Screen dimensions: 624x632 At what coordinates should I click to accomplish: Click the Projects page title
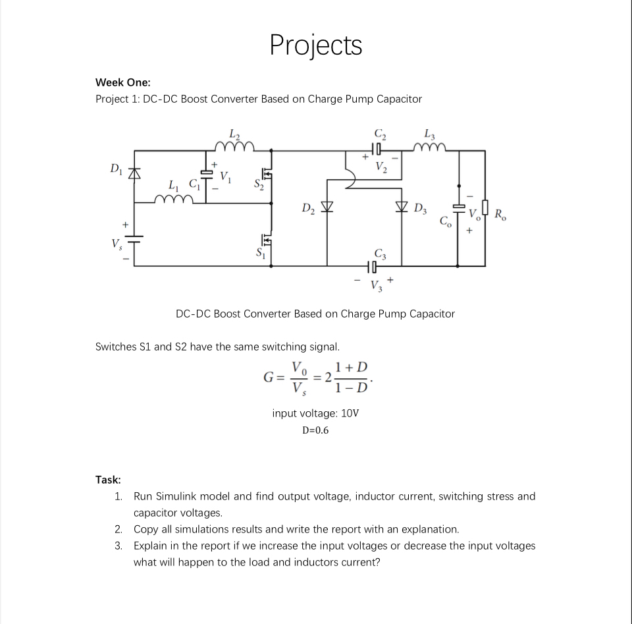point(316,45)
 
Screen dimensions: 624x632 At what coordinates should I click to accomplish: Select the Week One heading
point(122,82)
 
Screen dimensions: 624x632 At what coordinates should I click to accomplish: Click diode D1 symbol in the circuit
point(135,173)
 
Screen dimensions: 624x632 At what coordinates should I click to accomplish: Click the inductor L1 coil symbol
point(172,198)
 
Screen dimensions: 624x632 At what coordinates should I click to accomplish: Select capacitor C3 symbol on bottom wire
point(373,266)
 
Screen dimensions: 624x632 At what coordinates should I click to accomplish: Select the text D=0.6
point(315,430)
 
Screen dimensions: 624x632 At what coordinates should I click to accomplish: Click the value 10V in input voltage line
point(350,413)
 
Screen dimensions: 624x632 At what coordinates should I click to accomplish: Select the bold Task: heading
point(108,480)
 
